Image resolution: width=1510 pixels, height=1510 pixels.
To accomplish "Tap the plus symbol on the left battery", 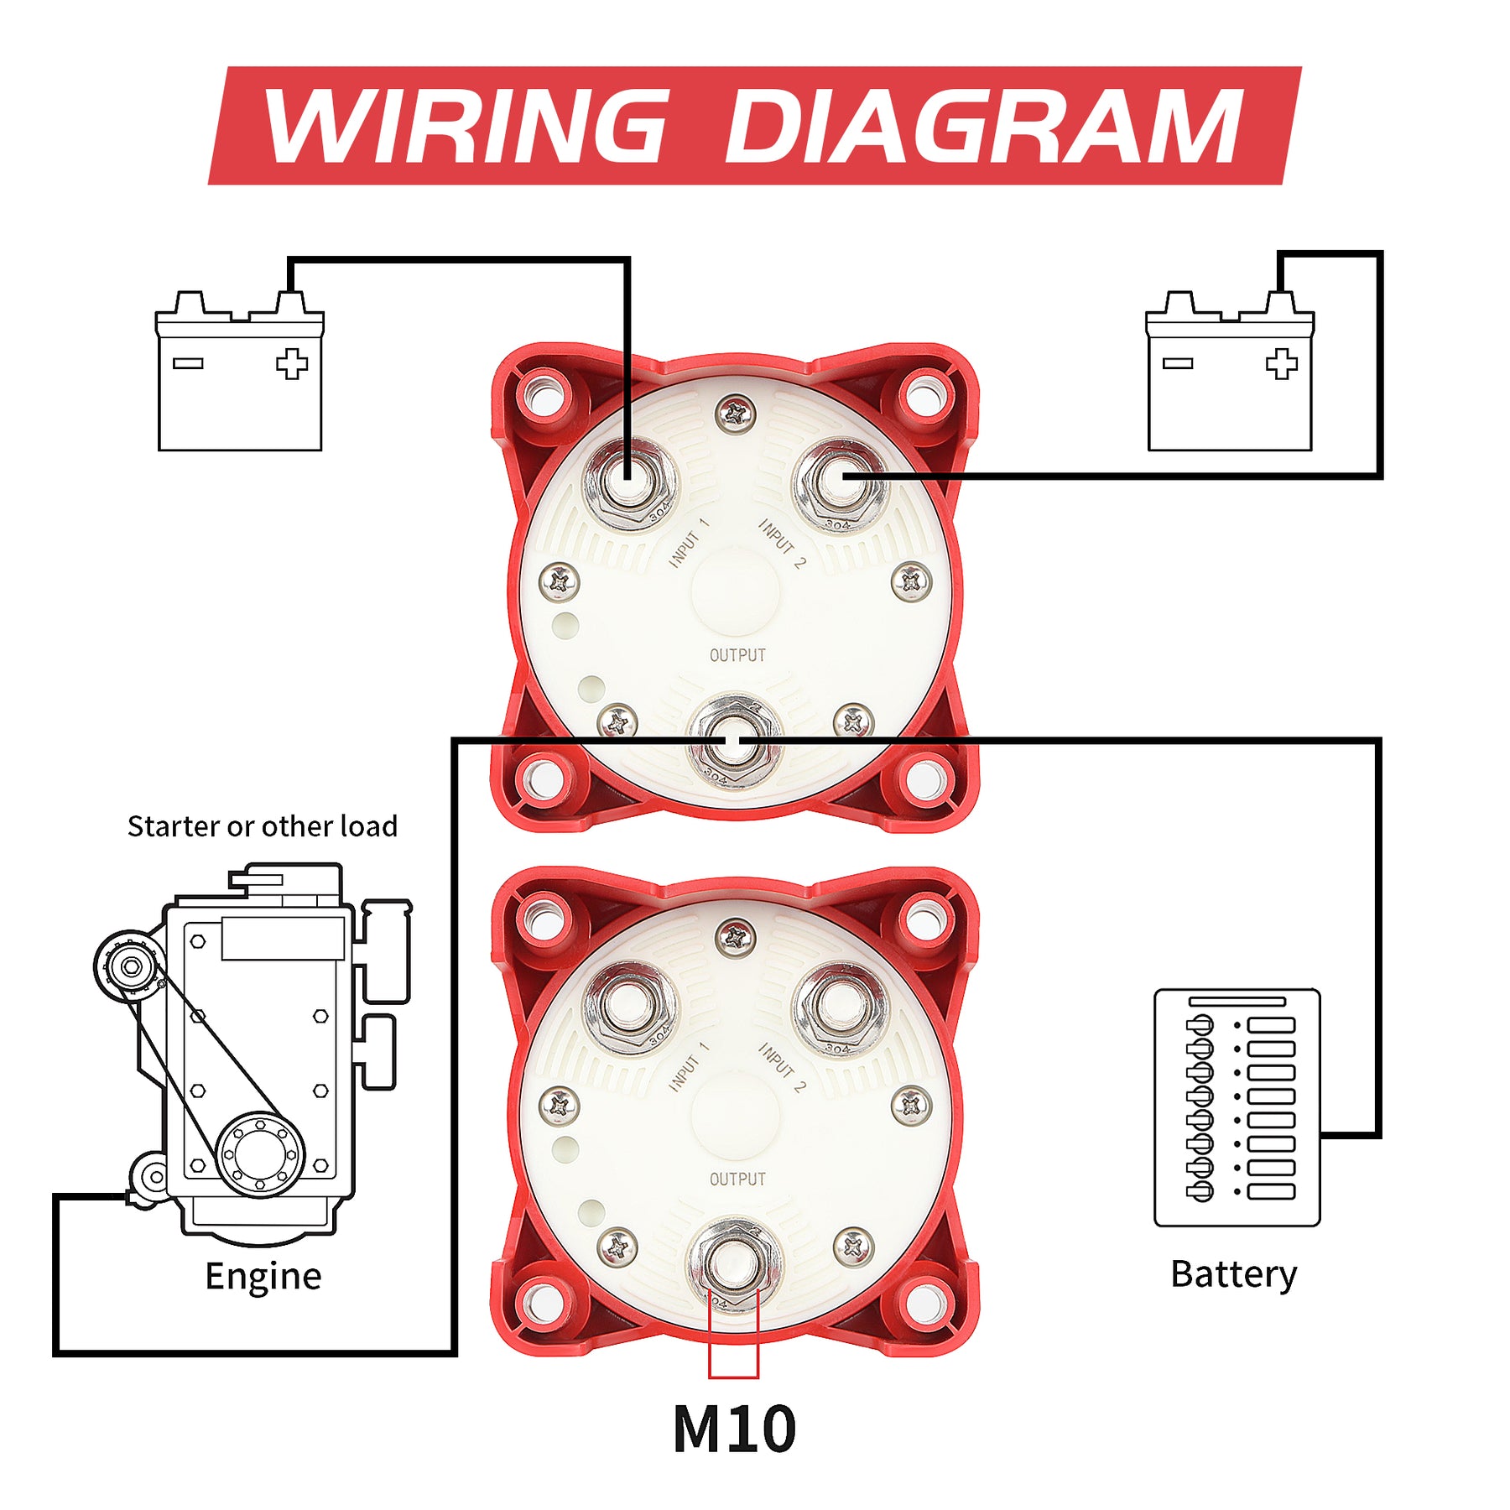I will tap(292, 364).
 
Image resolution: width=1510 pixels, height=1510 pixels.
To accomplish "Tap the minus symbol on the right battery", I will tap(1177, 363).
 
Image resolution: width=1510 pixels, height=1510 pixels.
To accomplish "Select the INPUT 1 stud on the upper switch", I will tap(629, 482).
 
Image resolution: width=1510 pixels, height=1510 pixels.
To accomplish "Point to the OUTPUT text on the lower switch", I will tap(737, 1179).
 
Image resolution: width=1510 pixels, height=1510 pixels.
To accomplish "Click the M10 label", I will tap(734, 1429).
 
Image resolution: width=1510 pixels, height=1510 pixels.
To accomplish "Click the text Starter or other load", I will tap(263, 826).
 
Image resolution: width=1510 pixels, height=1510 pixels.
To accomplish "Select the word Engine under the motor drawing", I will tap(263, 1276).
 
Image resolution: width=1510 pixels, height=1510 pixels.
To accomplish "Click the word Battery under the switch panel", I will tap(1233, 1274).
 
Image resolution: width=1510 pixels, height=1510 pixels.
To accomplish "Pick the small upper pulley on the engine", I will tap(130, 966).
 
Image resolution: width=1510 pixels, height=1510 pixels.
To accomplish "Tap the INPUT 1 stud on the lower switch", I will tap(629, 1006).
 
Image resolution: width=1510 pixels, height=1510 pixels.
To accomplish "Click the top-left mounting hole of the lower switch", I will tap(543, 919).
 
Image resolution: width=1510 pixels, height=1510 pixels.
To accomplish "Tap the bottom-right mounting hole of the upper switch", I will tap(925, 778).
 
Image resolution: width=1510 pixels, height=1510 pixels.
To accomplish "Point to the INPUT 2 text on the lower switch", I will tap(782, 1067).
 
